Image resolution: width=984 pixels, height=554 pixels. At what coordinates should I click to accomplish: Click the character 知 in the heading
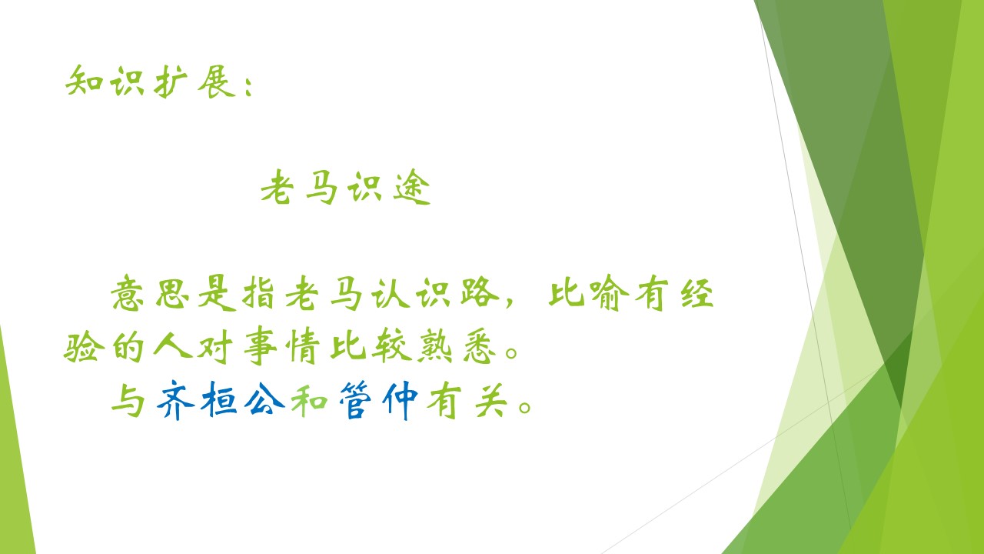tap(85, 81)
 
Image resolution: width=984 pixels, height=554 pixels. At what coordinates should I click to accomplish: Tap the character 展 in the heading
tap(216, 82)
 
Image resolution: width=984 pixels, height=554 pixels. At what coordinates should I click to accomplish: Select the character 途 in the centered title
tap(411, 187)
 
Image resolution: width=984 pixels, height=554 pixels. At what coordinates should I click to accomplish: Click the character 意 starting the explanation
tap(128, 293)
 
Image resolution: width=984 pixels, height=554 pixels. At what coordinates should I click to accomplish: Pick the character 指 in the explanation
tap(258, 293)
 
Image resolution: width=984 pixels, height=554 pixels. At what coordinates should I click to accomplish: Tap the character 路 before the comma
tap(480, 292)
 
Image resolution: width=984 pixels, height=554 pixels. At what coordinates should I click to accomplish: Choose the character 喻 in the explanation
tap(609, 293)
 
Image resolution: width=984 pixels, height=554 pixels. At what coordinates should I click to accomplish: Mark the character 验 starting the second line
tap(84, 347)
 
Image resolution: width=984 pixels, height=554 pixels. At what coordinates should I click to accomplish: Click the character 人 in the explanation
tap(172, 345)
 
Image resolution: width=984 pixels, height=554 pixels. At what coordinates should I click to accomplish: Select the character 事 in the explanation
tap(260, 346)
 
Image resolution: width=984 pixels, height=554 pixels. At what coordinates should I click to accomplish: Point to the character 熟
tap(435, 346)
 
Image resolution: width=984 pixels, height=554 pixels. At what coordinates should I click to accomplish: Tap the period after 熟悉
tap(511, 352)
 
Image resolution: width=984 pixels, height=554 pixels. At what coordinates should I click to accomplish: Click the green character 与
tap(128, 399)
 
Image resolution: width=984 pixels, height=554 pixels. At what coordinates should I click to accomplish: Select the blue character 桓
tap(218, 399)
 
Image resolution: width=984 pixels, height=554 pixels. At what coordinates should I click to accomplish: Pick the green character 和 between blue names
tap(309, 401)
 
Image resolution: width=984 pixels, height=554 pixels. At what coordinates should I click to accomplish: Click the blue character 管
tap(355, 399)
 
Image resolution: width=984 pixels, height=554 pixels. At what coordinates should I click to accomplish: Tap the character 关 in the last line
tap(491, 400)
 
